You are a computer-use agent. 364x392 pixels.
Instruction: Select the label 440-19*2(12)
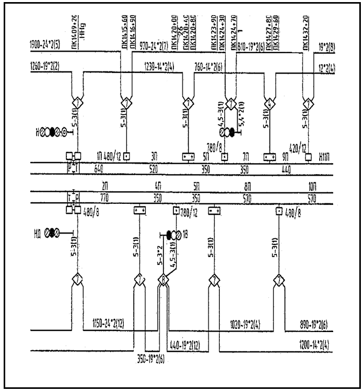pos(191,345)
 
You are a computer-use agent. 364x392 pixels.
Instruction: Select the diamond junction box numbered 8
pos(165,280)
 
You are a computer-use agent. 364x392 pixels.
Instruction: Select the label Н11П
pos(324,156)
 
